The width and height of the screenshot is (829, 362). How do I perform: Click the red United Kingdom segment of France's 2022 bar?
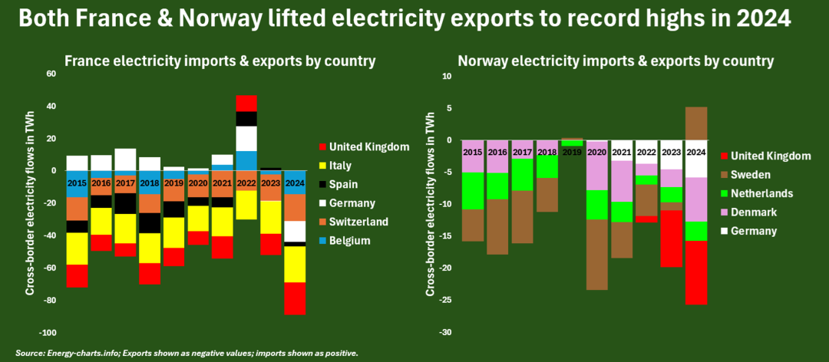(246, 103)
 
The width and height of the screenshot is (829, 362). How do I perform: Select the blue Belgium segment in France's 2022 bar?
(246, 160)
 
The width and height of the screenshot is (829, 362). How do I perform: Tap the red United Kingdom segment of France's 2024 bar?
(295, 298)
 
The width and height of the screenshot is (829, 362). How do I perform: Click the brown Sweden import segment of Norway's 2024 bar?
(695, 123)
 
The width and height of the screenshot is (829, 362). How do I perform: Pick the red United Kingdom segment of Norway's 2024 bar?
(695, 272)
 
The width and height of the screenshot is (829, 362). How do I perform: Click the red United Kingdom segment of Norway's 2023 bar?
(672, 239)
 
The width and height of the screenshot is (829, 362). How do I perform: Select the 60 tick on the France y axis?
(51, 74)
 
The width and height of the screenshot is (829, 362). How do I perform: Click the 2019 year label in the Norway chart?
(572, 153)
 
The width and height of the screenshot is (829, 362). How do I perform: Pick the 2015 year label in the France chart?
(77, 183)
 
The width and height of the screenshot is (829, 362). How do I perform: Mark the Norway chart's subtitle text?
(615, 60)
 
